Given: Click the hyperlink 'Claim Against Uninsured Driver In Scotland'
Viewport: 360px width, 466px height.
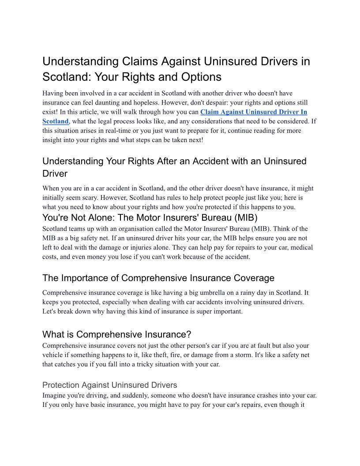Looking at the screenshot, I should [254, 112].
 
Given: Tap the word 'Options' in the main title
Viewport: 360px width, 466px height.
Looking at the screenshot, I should [201, 77].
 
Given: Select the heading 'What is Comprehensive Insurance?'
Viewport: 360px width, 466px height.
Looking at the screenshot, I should [116, 334].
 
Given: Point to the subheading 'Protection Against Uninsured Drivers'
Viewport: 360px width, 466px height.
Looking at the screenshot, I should [109, 385].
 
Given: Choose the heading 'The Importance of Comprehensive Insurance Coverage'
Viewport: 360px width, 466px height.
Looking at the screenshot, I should [158, 278].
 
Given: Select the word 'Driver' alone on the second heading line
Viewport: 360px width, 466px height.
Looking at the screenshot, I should [55, 173].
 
